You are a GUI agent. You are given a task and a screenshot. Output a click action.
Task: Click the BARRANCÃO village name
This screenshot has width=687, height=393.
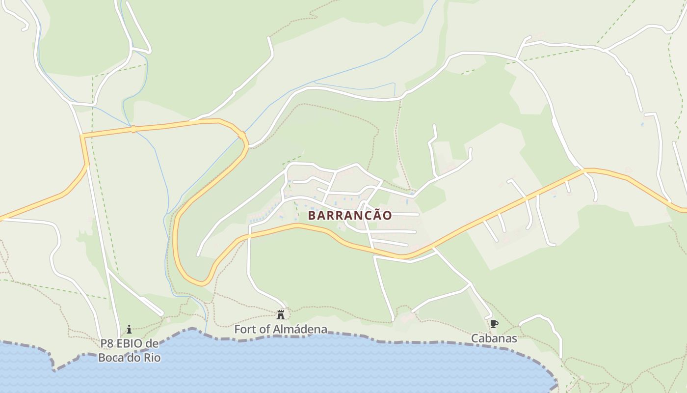point(350,215)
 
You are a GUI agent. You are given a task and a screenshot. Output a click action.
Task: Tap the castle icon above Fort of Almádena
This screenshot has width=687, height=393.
point(281,314)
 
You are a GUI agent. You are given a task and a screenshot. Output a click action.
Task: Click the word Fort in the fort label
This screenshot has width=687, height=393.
point(244,329)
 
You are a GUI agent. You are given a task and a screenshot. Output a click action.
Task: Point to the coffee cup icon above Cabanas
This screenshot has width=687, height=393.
point(494,324)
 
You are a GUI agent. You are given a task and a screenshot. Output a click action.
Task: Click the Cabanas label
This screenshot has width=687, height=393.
point(494,338)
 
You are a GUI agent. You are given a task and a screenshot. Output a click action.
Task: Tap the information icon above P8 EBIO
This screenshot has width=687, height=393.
point(129,329)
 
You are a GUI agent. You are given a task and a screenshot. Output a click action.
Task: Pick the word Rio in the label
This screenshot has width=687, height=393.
point(152,357)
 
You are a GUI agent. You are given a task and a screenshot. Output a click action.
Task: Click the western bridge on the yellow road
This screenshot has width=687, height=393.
point(132,129)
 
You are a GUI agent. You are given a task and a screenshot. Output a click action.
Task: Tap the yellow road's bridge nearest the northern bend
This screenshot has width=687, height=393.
point(241,134)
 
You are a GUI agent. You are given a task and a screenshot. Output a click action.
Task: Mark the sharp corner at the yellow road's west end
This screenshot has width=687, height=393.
point(82,136)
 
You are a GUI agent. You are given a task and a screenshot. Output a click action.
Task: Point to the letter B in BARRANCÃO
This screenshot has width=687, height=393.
point(312,215)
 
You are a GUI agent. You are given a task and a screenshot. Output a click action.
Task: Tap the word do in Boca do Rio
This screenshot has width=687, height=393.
point(133,357)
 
